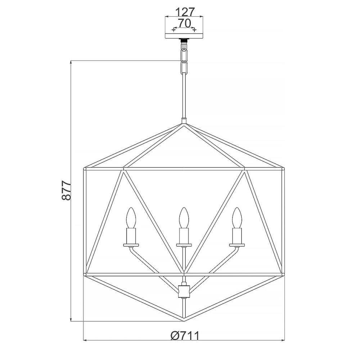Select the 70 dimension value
coord(184,23)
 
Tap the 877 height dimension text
coord(67,190)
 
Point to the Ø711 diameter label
coord(185,336)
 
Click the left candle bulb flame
coord(131,217)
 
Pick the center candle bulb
coord(184,217)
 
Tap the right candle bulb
coord(237,217)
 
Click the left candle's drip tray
coord(131,245)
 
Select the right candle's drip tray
coord(237,245)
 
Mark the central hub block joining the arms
coord(184,291)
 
